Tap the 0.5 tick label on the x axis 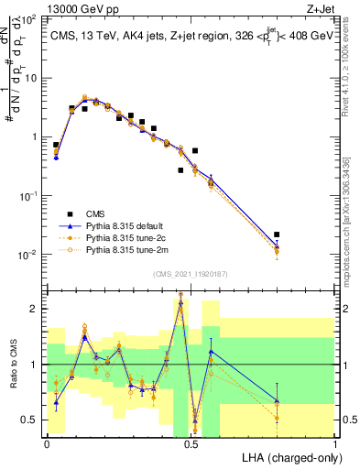191,442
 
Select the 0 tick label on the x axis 48,442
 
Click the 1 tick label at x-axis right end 335,442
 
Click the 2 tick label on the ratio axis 34,309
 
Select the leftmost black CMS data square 56,145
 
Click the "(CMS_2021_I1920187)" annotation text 191,273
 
